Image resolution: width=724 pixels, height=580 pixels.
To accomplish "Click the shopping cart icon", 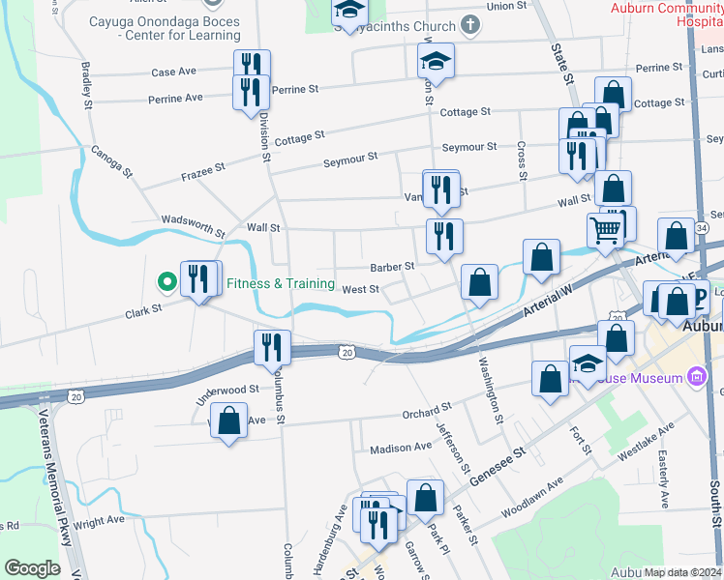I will click(x=605, y=230).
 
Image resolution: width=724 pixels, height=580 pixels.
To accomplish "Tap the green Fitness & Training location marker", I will click(x=166, y=282).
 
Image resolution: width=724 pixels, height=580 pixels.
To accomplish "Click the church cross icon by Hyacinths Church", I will click(x=469, y=24).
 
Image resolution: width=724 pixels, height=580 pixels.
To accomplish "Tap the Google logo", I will click(x=32, y=568).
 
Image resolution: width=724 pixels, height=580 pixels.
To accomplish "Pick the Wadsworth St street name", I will click(x=193, y=226).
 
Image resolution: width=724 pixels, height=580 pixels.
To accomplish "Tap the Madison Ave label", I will click(x=401, y=448).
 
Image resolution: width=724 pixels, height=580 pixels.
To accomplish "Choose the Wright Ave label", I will click(x=99, y=520).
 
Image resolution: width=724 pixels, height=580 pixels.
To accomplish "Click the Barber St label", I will click(x=392, y=266).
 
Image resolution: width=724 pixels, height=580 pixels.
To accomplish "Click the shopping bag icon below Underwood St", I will click(x=228, y=420).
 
